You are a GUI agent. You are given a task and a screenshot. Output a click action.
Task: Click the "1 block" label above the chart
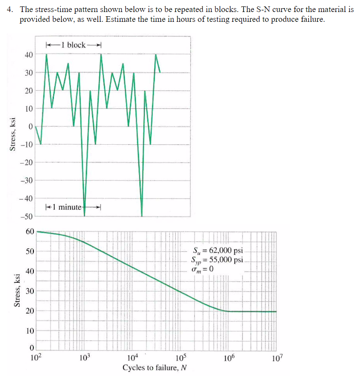pos(73,45)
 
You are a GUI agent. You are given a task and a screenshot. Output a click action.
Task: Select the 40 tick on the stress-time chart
pos(29,54)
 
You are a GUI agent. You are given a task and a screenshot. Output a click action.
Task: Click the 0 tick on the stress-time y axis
pos(31,127)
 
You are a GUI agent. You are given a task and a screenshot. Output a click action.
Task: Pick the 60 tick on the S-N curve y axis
pos(29,231)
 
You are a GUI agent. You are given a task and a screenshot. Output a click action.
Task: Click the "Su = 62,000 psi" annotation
pos(218,251)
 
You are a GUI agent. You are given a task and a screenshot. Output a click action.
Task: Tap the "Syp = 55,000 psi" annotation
pos(217,260)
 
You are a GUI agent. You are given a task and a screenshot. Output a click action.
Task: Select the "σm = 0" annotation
pos(203,269)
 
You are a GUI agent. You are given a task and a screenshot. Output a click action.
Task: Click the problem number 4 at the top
pos(9,9)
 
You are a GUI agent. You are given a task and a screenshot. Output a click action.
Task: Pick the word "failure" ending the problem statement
pos(313,20)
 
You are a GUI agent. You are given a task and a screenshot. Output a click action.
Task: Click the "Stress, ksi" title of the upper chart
pos(13,134)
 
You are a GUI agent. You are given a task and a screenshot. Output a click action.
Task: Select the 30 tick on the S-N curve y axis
pos(29,291)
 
